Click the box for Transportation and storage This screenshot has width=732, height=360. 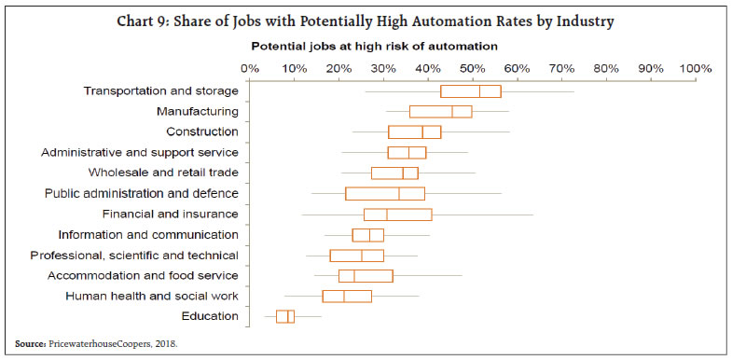click(x=470, y=91)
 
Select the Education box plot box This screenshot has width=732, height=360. click(x=285, y=317)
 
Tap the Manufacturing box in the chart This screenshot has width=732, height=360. click(x=440, y=112)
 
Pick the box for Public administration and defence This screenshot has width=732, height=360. click(x=384, y=194)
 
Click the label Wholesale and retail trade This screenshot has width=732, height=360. click(x=163, y=173)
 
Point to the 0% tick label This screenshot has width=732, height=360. click(x=250, y=68)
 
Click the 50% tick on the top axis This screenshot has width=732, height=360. click(x=473, y=68)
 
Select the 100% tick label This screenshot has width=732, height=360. click(x=695, y=68)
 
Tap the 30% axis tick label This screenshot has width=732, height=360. click(x=383, y=68)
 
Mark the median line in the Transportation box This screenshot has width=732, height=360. click(x=480, y=91)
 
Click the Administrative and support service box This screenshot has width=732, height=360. click(x=407, y=153)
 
